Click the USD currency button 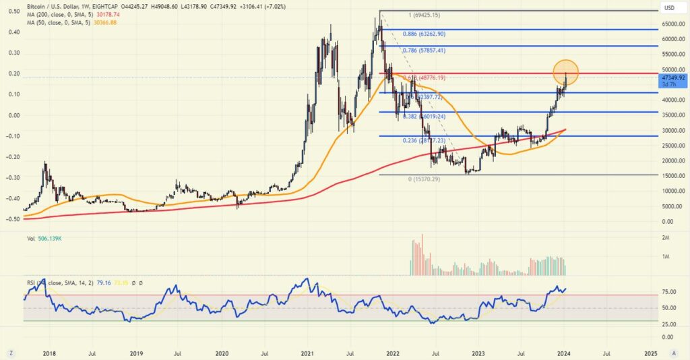point(670,8)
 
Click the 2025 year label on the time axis point(651,353)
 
